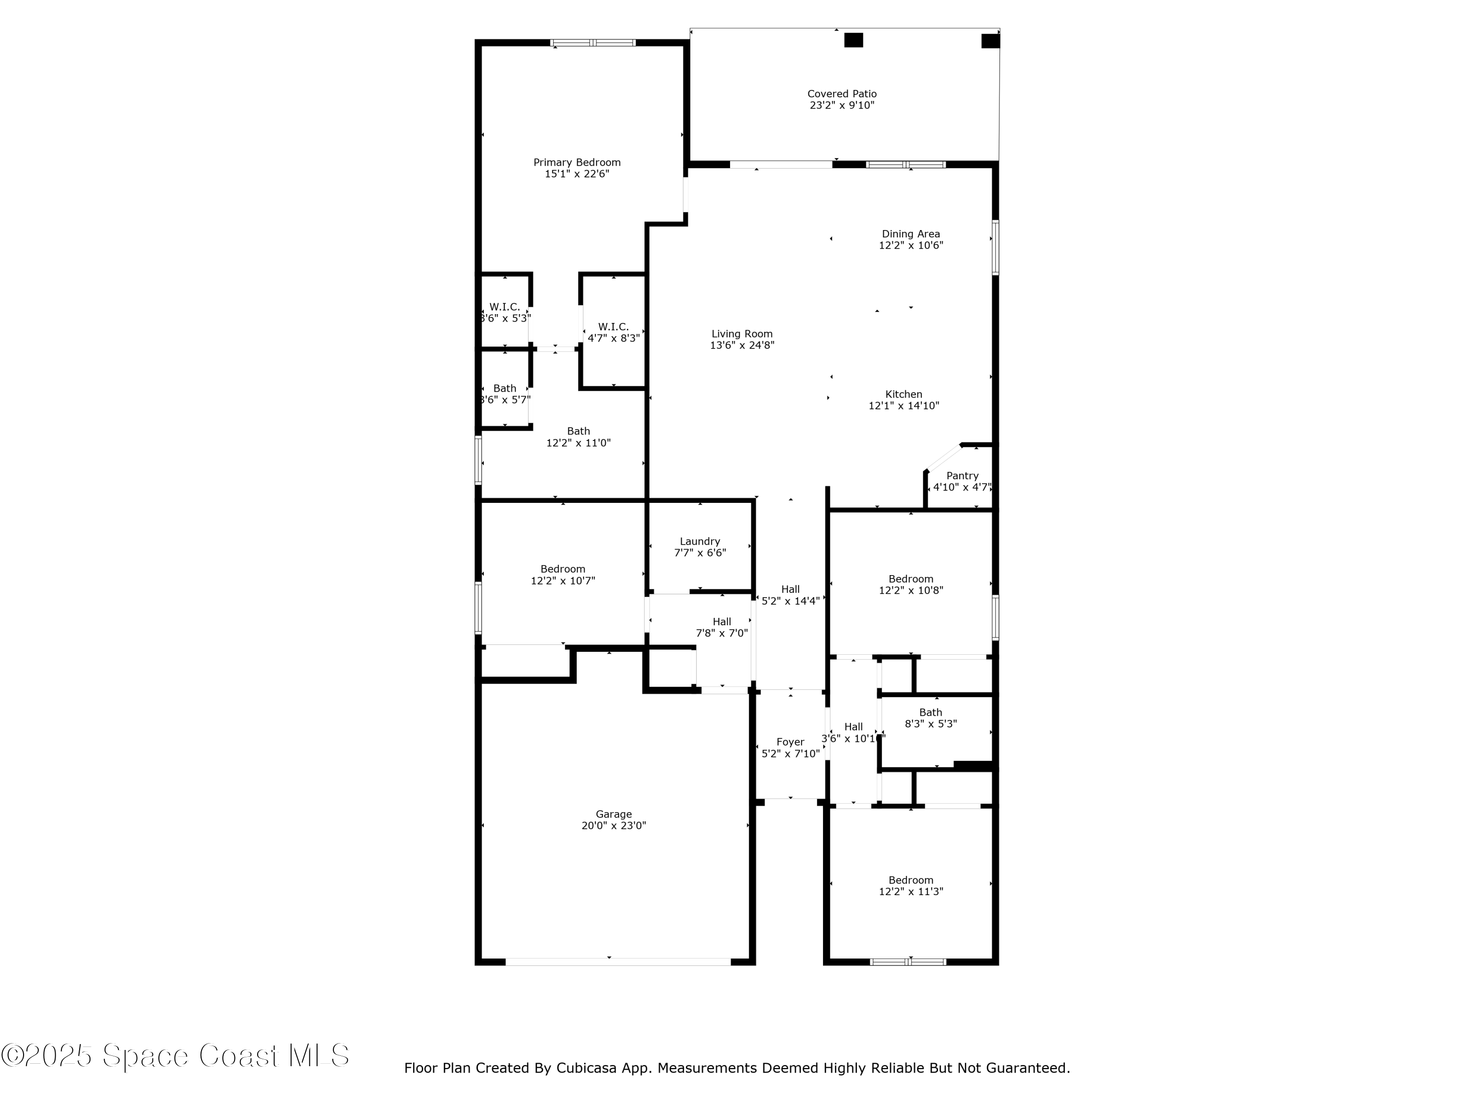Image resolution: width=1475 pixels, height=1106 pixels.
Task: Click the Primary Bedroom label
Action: (577, 163)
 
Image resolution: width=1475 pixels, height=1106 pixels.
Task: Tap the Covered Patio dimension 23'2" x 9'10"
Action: (842, 105)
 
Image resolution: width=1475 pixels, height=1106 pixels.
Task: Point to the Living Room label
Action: (741, 334)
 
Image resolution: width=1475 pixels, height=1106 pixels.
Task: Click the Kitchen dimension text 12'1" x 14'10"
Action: (904, 406)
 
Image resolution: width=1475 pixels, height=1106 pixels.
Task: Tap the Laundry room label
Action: (700, 541)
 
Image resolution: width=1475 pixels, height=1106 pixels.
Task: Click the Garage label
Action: (614, 814)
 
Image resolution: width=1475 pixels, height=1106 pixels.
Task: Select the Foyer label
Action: (790, 742)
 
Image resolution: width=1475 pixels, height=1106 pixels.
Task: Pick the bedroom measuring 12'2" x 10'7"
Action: (563, 575)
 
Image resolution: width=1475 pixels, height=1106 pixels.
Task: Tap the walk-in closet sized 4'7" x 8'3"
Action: (613, 332)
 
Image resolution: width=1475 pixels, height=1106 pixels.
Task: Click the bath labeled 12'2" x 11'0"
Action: (578, 437)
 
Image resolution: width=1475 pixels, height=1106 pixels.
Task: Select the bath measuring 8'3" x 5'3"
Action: (930, 718)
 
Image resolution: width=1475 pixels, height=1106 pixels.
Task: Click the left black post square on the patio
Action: (853, 40)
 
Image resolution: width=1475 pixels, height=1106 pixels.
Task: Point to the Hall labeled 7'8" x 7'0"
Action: (721, 627)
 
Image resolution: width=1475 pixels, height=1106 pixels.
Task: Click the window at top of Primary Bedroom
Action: (593, 43)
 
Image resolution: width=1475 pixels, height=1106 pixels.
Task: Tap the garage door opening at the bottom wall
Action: (618, 962)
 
